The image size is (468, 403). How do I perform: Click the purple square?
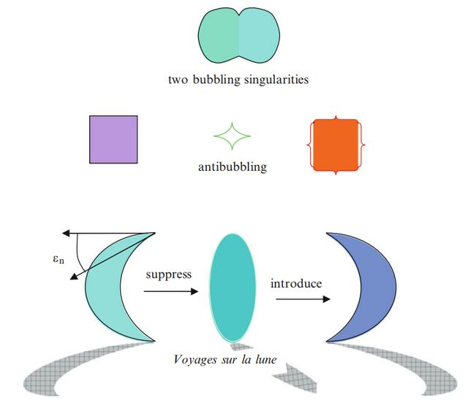[x=113, y=139]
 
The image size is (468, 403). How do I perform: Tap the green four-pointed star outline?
[x=232, y=136]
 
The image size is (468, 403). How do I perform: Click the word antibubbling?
[x=232, y=167]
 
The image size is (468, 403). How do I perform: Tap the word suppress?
[x=168, y=275]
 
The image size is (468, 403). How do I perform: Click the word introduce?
[x=296, y=283]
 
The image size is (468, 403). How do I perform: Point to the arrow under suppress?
[x=170, y=291]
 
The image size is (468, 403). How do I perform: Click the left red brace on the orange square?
[x=309, y=145]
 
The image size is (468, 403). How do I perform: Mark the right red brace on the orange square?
[x=361, y=145]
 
